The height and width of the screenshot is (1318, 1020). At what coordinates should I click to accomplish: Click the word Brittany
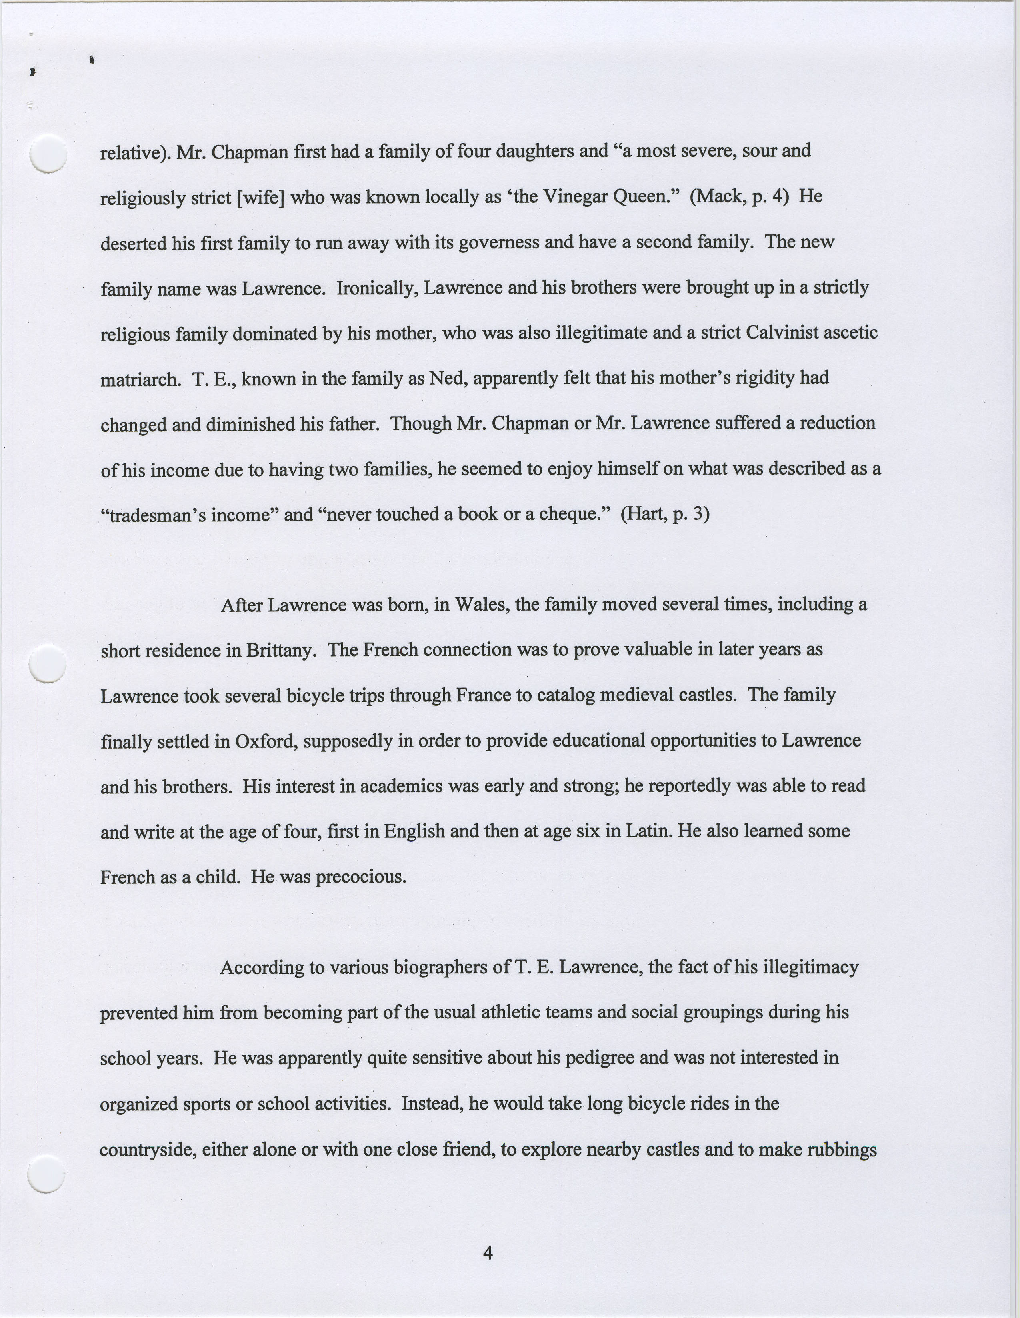(281, 651)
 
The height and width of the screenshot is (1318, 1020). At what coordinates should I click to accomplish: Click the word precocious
(361, 877)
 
